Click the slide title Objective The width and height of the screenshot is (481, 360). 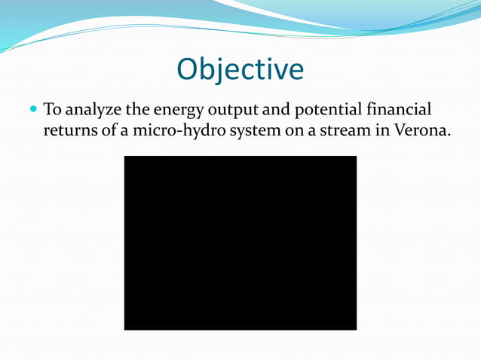click(240, 69)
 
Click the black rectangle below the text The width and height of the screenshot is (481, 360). click(240, 243)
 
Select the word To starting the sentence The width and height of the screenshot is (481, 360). click(53, 110)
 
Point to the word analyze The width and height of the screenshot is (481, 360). click(93, 111)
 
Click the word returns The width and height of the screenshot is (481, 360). click(70, 130)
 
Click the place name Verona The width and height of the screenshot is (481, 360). click(421, 130)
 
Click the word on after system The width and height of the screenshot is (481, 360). click(283, 130)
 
